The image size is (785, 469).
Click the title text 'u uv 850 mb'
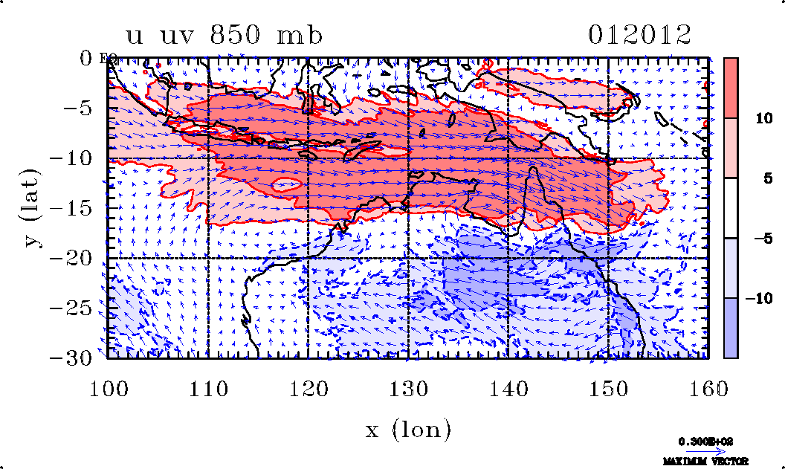[x=224, y=35]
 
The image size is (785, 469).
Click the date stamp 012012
[x=639, y=35]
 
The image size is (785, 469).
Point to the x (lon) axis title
[x=408, y=429]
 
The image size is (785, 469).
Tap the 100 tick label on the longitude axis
[x=109, y=388]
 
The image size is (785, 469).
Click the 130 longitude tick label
[x=408, y=388]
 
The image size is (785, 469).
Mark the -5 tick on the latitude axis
[x=82, y=108]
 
